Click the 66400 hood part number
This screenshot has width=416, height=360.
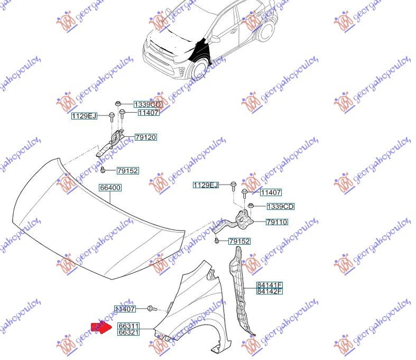click(110, 188)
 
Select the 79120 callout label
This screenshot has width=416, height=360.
click(146, 137)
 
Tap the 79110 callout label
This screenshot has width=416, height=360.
click(276, 222)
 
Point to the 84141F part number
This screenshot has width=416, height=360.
click(269, 285)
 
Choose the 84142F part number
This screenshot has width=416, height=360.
click(269, 291)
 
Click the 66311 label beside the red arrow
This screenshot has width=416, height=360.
click(128, 326)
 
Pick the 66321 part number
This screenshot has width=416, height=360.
click(128, 332)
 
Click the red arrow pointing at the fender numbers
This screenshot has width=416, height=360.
click(101, 327)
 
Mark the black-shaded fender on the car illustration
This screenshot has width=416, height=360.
click(201, 50)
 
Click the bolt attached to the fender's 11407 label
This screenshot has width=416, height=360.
click(152, 309)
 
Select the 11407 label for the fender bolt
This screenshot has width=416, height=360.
click(125, 309)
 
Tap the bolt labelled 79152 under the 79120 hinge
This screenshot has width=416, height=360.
click(103, 170)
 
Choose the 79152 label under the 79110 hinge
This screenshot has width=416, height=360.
click(239, 241)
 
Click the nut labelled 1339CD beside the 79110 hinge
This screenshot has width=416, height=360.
click(251, 206)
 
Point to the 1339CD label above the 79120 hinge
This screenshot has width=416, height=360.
click(147, 105)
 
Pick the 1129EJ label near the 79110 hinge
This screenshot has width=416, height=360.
click(206, 185)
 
